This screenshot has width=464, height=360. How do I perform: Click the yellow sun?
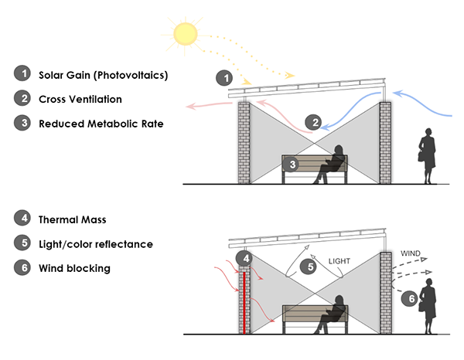[x=186, y=32]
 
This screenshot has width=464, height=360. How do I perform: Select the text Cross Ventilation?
[x=80, y=100]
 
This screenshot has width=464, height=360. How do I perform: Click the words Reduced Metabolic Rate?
[x=100, y=124]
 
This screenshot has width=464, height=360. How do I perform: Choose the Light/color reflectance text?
[x=96, y=244]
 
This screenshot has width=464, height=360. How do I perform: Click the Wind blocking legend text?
[x=75, y=268]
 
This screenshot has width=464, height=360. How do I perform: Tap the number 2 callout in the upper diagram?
[x=313, y=121]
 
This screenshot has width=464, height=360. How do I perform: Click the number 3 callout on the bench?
[x=291, y=164]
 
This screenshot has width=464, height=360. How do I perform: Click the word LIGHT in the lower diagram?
[x=345, y=260]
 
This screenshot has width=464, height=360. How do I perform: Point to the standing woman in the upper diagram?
[x=426, y=157]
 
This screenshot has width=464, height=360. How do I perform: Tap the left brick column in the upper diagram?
[x=244, y=143]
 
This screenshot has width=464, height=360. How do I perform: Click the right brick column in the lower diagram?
[x=386, y=294]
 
